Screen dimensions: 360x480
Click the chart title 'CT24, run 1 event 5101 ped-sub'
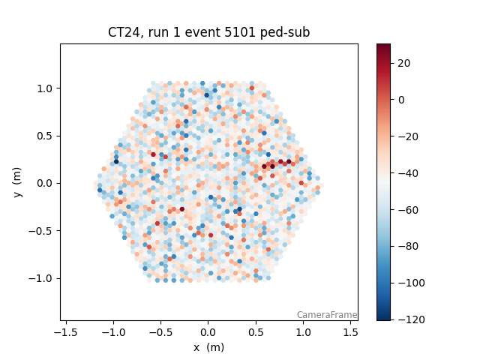(x=208, y=33)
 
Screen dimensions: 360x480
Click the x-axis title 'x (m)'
(x=208, y=347)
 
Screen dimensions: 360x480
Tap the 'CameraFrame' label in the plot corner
(x=326, y=315)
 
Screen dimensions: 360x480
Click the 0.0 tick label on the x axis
(x=208, y=331)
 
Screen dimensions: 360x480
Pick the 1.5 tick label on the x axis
(x=351, y=331)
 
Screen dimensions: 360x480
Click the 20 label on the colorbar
(x=403, y=63)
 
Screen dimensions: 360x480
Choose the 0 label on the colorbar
(x=400, y=100)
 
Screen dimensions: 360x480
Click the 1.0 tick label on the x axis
(x=303, y=331)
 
